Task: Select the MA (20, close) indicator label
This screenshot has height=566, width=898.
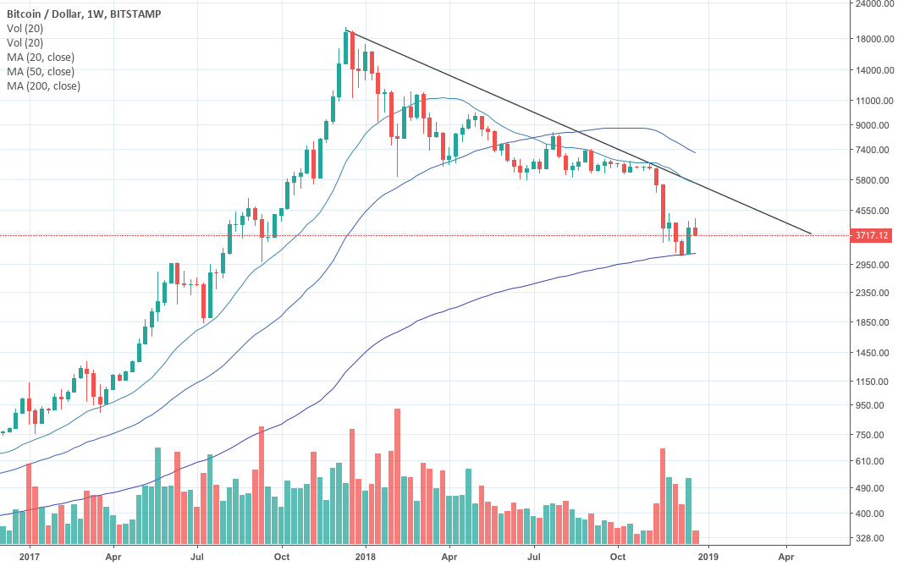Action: point(41,57)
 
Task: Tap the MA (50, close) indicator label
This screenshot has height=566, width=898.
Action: point(41,71)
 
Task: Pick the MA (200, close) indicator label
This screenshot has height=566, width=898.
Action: point(43,85)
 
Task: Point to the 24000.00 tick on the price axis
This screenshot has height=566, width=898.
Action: point(872,3)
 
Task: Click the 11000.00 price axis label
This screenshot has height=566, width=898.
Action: point(872,101)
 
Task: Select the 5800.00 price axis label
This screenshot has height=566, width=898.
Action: point(872,180)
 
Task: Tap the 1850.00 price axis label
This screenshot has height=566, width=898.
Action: point(872,322)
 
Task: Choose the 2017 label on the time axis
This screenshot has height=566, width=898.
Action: point(30,557)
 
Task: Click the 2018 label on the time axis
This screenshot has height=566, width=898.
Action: point(366,557)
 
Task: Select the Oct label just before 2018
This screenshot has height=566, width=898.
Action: point(283,557)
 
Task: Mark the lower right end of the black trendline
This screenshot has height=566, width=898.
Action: point(811,234)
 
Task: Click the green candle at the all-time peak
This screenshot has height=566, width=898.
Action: point(346,63)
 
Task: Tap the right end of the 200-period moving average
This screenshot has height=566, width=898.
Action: point(695,253)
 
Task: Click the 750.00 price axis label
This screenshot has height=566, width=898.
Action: point(872,435)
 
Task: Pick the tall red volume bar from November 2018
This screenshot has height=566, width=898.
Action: point(663,496)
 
